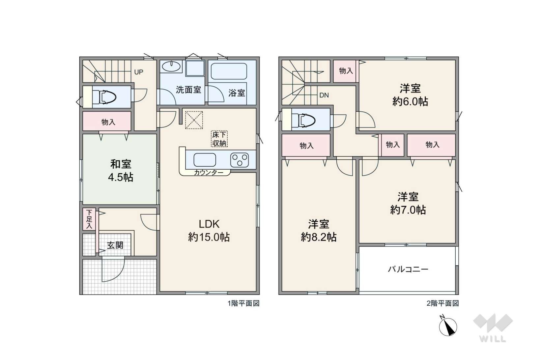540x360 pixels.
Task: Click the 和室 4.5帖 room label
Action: [121, 171]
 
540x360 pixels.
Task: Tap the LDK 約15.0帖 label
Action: [209, 231]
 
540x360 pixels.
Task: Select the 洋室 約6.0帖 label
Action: [410, 95]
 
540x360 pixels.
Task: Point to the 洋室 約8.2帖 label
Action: [319, 231]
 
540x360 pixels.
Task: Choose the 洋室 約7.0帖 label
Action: [408, 203]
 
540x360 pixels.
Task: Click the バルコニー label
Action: [408, 269]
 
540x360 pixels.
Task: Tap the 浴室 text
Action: [237, 93]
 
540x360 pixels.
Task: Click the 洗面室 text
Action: [188, 90]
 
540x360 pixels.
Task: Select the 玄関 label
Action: [115, 245]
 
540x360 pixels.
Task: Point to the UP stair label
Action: [139, 72]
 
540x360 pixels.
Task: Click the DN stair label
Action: [324, 95]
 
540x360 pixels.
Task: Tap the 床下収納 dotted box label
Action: [219, 139]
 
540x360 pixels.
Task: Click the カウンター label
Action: [209, 173]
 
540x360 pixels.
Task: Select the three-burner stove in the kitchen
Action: [240, 160]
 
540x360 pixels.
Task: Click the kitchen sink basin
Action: [205, 160]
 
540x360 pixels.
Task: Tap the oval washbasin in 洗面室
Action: [171, 67]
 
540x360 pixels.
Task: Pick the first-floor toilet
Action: [104, 97]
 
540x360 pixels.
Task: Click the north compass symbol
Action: [448, 326]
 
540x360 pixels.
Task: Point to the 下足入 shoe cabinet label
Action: [89, 219]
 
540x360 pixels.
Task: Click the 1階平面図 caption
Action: [244, 303]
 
